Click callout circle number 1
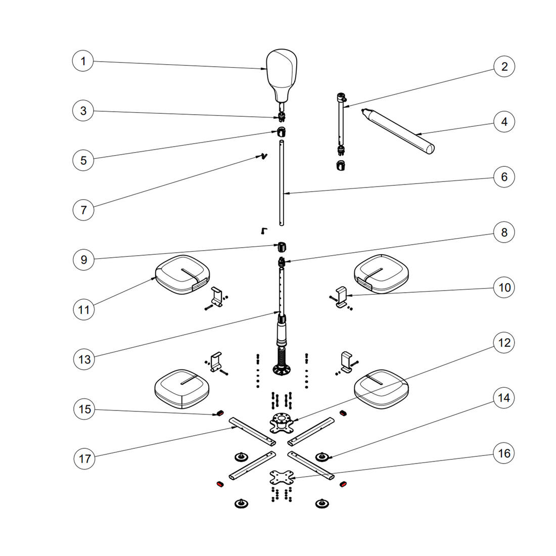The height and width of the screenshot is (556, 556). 83,62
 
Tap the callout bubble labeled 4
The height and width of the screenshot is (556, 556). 504,122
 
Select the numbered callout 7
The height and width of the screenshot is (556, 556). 83,209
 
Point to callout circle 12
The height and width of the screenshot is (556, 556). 504,343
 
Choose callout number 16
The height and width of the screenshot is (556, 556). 504,453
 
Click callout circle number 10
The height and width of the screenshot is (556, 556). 504,288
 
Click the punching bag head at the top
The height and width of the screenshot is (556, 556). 282,71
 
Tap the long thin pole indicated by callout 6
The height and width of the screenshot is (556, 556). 282,184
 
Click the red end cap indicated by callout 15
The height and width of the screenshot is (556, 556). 220,414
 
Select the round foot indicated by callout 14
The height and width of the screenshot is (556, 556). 321,457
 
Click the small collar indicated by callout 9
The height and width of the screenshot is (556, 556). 282,247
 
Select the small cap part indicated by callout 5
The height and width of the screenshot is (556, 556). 281,132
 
